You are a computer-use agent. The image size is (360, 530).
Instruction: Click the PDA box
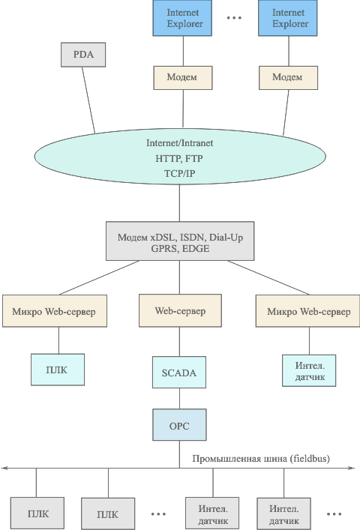point(83,55)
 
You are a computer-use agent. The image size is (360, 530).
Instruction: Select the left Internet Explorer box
point(182,18)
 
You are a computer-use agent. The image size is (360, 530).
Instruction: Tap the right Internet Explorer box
point(288,18)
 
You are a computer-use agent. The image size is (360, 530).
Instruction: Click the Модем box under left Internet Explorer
point(183,78)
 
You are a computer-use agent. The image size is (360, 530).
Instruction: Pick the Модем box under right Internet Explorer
point(288,78)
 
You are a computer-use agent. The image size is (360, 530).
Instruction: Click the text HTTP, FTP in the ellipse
point(179,158)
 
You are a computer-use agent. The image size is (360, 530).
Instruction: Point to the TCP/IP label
point(179,173)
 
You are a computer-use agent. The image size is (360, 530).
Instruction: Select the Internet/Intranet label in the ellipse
point(179,143)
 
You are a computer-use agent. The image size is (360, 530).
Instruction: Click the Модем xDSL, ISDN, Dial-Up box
point(180,241)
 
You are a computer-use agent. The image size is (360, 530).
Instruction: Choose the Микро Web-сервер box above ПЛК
point(55,311)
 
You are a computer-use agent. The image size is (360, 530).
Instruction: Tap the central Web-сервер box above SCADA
point(180,310)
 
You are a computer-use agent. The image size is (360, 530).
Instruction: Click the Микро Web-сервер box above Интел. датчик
point(307,311)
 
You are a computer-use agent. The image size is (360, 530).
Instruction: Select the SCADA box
point(179,372)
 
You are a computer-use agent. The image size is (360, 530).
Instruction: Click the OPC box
point(179,425)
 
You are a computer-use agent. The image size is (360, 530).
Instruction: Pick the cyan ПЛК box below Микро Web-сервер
point(58,370)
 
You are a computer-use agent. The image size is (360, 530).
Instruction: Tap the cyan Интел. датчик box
point(309,370)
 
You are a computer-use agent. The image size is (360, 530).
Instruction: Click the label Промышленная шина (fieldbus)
point(261,459)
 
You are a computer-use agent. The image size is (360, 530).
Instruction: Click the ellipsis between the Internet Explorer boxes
point(234,17)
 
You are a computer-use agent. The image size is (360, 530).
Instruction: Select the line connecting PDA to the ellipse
point(88,100)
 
